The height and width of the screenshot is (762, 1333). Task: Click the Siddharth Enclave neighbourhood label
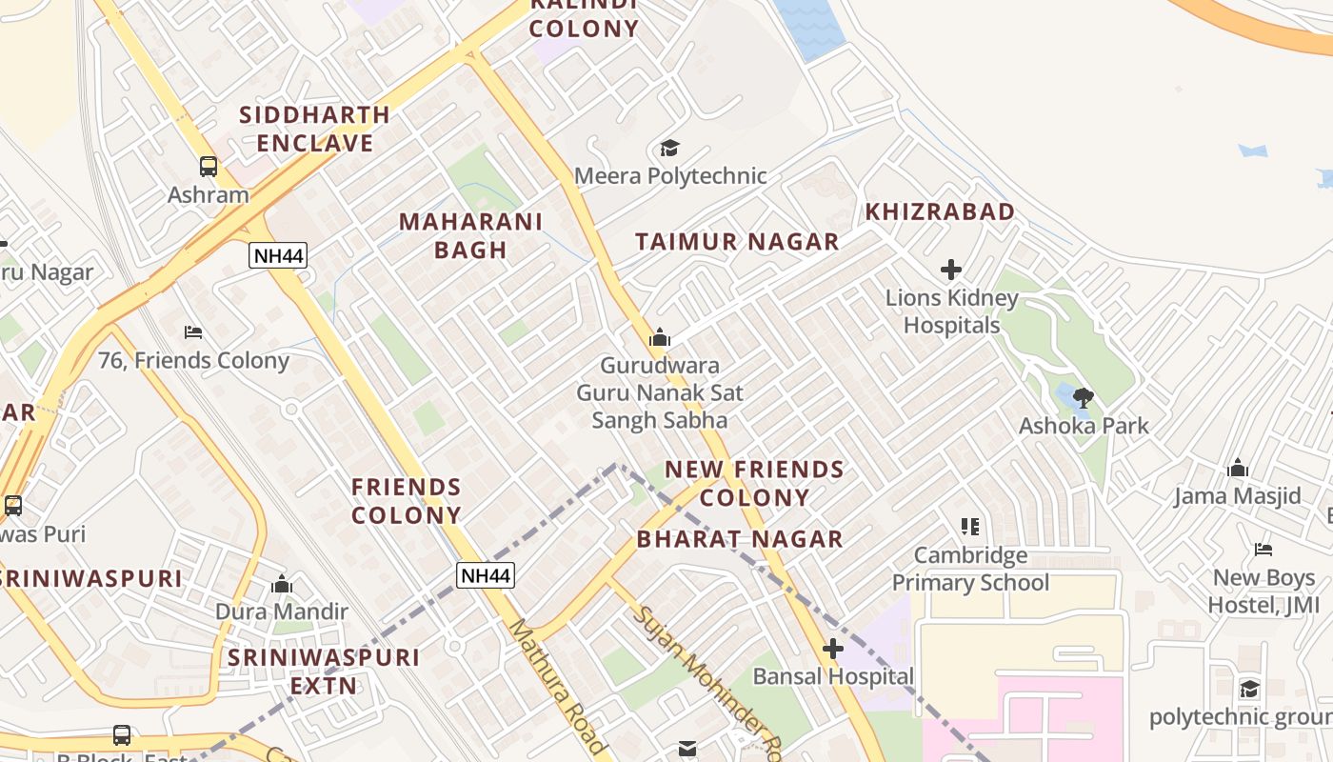pyautogui.click(x=314, y=129)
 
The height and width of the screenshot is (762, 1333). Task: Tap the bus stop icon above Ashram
pyautogui.click(x=208, y=167)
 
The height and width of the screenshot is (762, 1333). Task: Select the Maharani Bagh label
pyautogui.click(x=470, y=235)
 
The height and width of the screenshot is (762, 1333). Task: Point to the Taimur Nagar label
pyautogui.click(x=737, y=242)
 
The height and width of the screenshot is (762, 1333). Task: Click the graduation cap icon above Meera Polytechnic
pyautogui.click(x=670, y=148)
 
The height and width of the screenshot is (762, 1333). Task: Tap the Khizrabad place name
pyautogui.click(x=939, y=211)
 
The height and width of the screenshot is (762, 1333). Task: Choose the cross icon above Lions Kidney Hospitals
pyautogui.click(x=950, y=270)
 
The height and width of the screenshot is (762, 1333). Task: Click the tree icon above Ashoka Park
pyautogui.click(x=1084, y=397)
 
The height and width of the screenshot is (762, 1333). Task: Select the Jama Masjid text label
pyautogui.click(x=1237, y=496)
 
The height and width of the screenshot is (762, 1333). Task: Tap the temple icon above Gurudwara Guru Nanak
pyautogui.click(x=659, y=337)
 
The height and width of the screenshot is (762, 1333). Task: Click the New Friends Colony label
pyautogui.click(x=754, y=483)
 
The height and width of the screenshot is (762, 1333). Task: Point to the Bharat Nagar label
pyautogui.click(x=740, y=539)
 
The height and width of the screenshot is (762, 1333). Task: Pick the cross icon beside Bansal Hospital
pyautogui.click(x=833, y=650)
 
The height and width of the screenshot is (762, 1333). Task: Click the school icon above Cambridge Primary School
pyautogui.click(x=970, y=526)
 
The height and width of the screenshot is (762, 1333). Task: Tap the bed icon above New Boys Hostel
pyautogui.click(x=1263, y=549)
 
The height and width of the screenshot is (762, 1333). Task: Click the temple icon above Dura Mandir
pyautogui.click(x=281, y=584)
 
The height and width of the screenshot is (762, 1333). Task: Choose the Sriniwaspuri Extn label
pyautogui.click(x=323, y=672)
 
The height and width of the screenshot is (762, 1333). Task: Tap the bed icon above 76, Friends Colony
pyautogui.click(x=193, y=332)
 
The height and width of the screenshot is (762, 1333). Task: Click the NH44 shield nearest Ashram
pyautogui.click(x=278, y=254)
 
